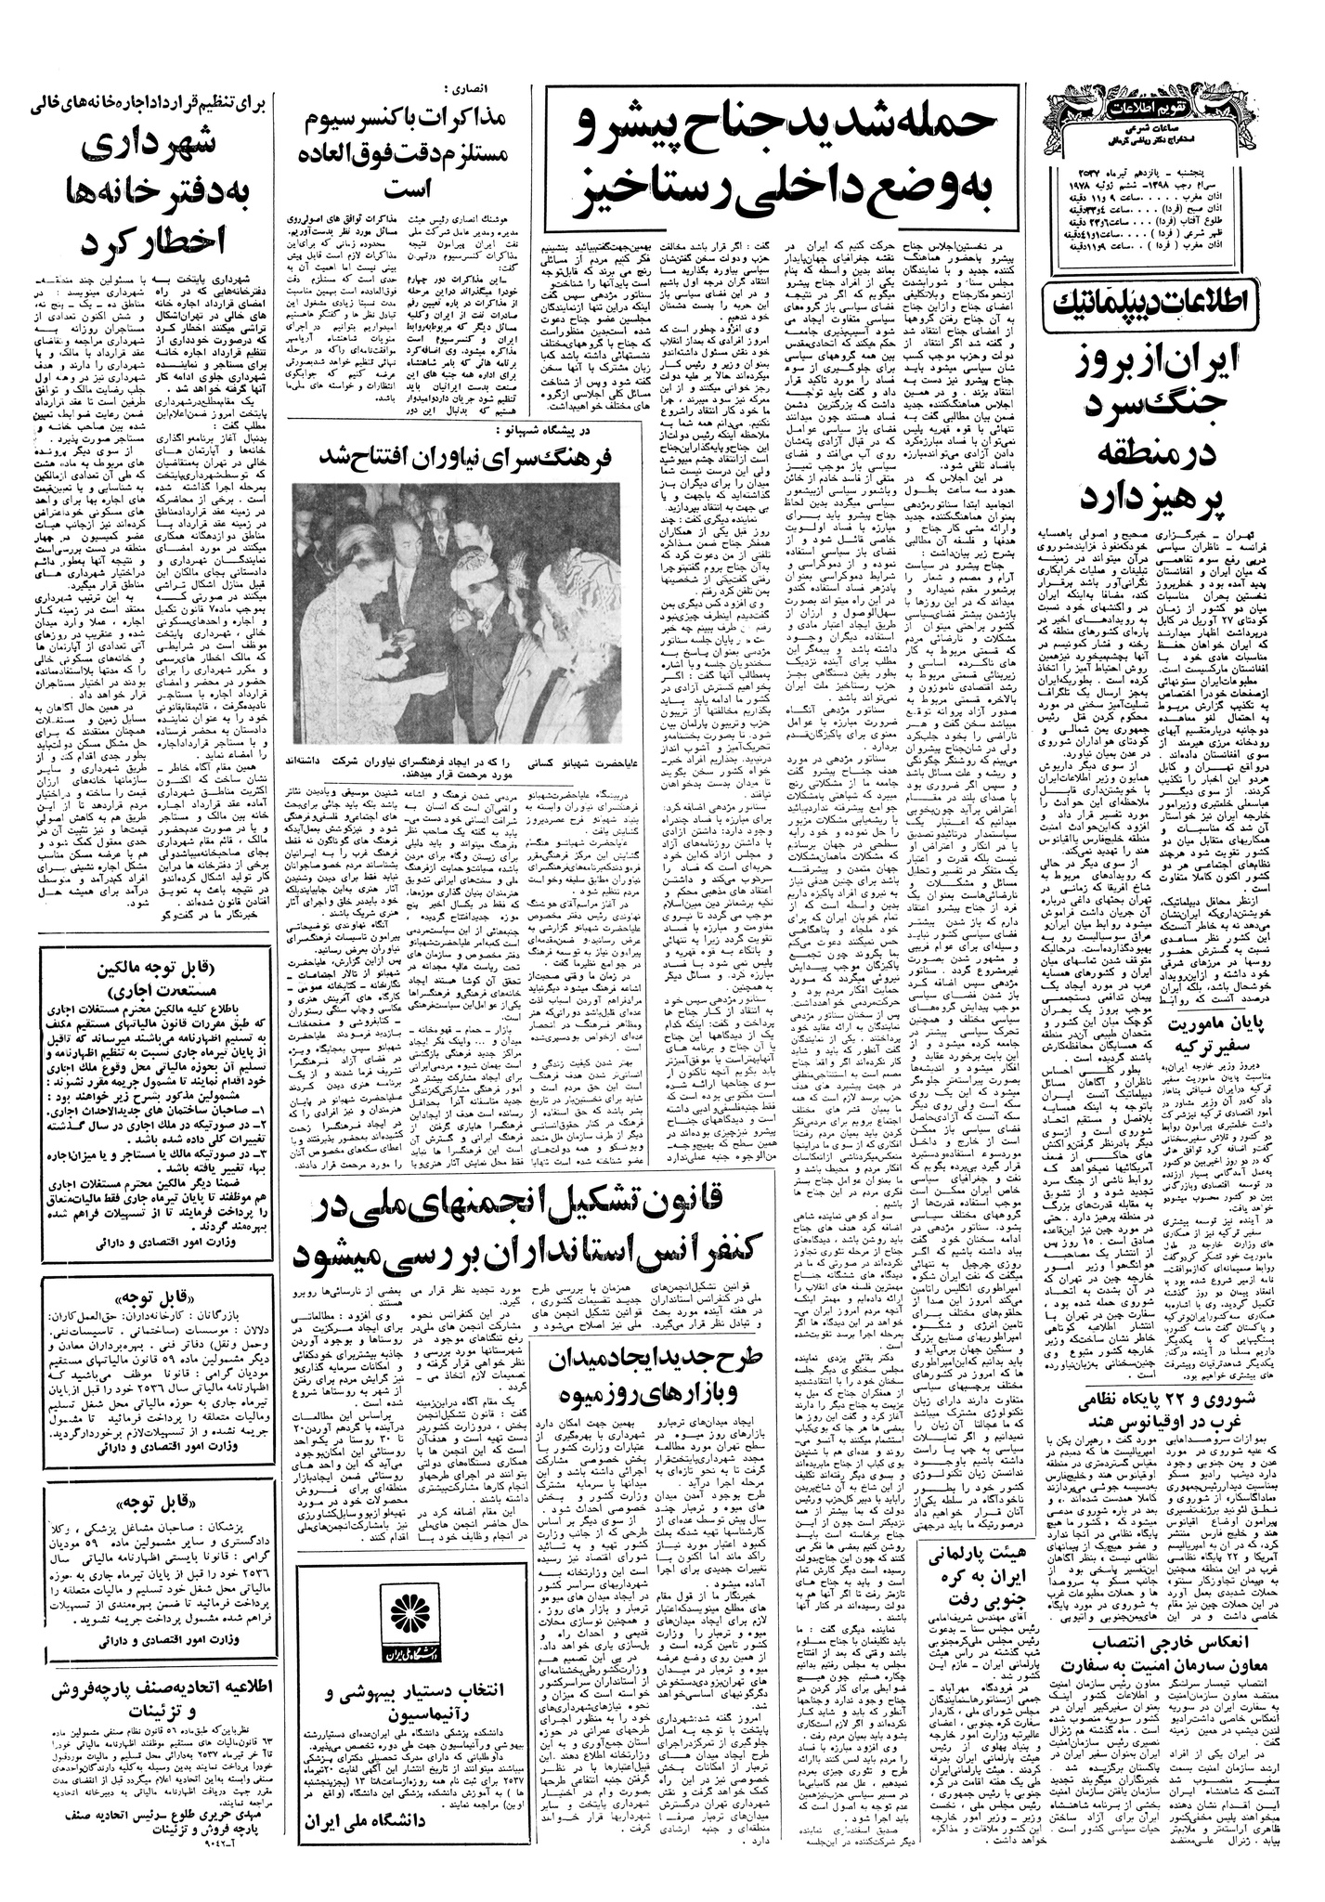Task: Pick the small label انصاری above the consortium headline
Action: pyautogui.click(x=457, y=91)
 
